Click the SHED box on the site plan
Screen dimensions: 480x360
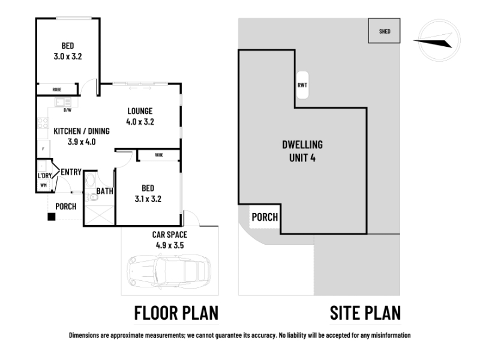click(384, 31)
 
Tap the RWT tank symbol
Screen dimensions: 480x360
click(302, 85)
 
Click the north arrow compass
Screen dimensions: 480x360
click(439, 40)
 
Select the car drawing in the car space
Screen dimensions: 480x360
click(169, 272)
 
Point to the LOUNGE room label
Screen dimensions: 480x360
click(140, 111)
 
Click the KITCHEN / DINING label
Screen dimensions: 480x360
click(82, 131)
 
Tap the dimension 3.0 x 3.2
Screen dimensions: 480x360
click(68, 56)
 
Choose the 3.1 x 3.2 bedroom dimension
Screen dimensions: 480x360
click(148, 199)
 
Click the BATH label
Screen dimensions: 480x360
click(104, 191)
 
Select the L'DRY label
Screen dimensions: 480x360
click(44, 176)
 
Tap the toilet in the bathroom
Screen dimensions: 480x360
click(91, 197)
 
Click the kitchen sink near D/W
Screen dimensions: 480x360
click(63, 102)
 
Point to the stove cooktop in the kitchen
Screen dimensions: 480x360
click(43, 123)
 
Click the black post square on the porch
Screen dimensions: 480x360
click(52, 217)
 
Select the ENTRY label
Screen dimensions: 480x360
click(71, 172)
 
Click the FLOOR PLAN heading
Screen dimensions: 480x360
click(176, 313)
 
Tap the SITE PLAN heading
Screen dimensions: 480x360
click(365, 313)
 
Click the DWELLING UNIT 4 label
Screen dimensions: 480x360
click(302, 151)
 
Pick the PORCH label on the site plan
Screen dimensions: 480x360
click(265, 217)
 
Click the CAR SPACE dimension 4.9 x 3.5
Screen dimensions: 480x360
click(170, 245)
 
